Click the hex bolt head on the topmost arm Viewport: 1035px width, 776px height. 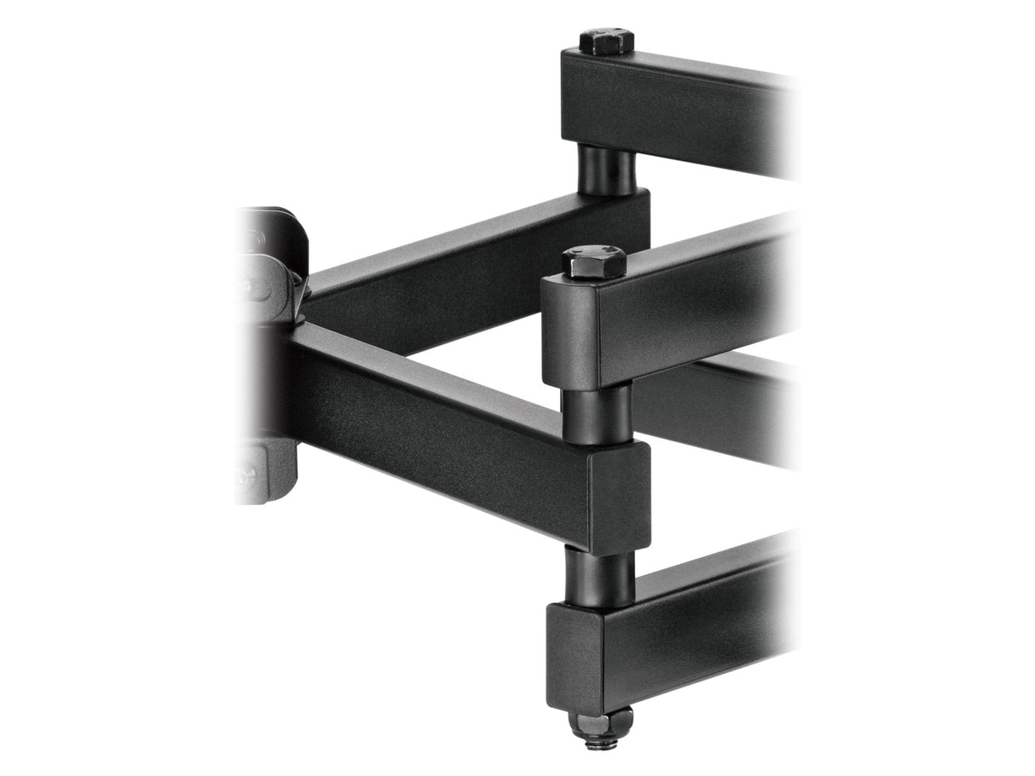pyautogui.click(x=606, y=41)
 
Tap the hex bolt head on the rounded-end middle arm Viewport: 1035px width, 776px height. pyautogui.click(x=593, y=261)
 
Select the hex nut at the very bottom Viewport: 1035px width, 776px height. pyautogui.click(x=600, y=723)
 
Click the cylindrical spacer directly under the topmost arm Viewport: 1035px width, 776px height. pyautogui.click(x=606, y=169)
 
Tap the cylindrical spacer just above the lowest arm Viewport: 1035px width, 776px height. pyautogui.click(x=599, y=576)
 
